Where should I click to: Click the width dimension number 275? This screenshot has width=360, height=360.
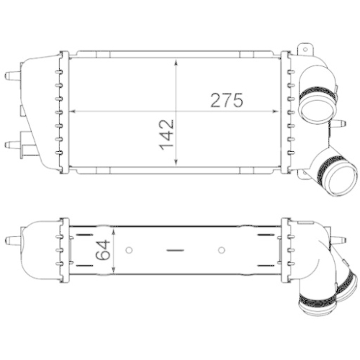click(x=227, y=100)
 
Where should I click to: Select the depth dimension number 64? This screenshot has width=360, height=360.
click(x=102, y=250)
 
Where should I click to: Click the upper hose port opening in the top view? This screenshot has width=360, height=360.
click(x=316, y=108)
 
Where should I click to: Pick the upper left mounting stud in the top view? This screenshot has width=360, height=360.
click(x=11, y=76)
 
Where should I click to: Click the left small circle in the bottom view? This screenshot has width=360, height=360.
click(x=129, y=251)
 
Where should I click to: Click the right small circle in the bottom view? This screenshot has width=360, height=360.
click(x=222, y=251)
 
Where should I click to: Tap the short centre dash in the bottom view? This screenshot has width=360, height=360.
click(x=175, y=251)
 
